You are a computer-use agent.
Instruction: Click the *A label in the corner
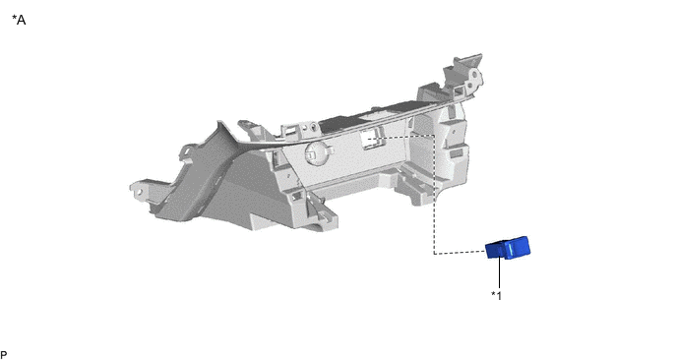(x=19, y=20)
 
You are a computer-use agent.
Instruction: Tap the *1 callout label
(x=497, y=295)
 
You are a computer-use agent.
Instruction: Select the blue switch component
(x=508, y=248)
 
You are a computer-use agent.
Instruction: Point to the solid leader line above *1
(x=500, y=271)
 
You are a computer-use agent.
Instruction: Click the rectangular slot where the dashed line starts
(x=370, y=139)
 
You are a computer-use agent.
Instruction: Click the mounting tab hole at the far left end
(x=139, y=191)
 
